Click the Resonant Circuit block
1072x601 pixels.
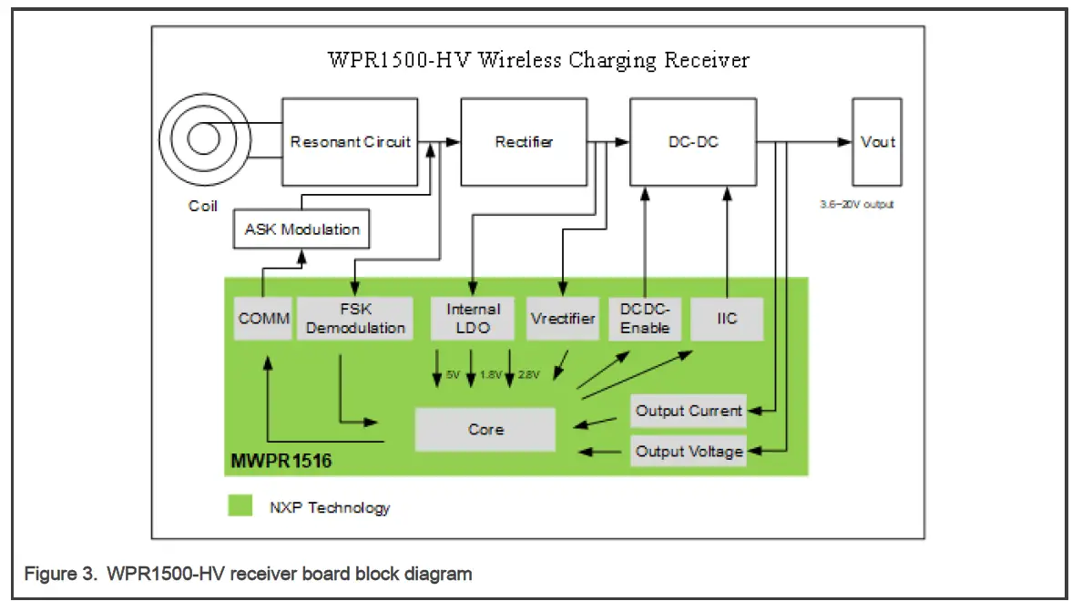(x=352, y=142)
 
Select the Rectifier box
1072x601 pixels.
(x=524, y=142)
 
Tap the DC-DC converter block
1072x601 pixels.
(x=692, y=142)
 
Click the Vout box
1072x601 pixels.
(x=876, y=142)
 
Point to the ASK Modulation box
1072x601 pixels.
(x=301, y=229)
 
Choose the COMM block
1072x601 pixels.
(x=263, y=318)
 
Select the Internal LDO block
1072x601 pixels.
(x=473, y=318)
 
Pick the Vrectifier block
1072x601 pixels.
(x=562, y=318)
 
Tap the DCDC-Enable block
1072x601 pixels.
(x=645, y=318)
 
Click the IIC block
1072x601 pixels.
(x=726, y=318)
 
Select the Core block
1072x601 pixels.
(x=485, y=429)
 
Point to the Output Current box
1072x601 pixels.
(x=689, y=411)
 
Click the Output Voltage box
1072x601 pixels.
(x=689, y=452)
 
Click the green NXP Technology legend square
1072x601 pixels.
(x=240, y=506)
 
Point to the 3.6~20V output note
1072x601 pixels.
(x=856, y=204)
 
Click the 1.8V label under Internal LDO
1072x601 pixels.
(x=490, y=375)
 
